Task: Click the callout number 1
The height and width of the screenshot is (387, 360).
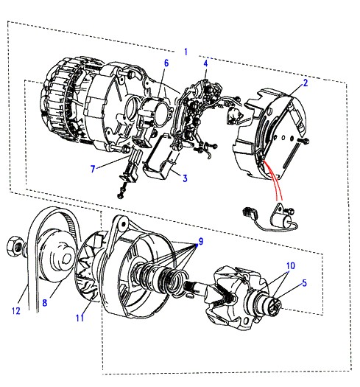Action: [x=186, y=52]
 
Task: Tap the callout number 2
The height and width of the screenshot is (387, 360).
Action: [x=306, y=83]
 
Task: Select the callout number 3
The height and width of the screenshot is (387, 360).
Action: [x=185, y=178]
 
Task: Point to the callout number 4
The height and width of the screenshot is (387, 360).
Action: [x=205, y=63]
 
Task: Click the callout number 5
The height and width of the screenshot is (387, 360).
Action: [x=304, y=283]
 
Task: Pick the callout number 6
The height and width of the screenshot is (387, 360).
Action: [x=166, y=63]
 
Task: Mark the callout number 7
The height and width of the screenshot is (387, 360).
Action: [x=93, y=169]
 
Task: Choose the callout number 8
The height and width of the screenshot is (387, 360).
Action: [x=45, y=302]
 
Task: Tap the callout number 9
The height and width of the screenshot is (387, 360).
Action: [x=201, y=241]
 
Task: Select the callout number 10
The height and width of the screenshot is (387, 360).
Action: [x=291, y=266]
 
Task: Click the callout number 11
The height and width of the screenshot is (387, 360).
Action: [x=80, y=318]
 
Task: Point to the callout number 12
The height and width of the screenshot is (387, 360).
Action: [x=16, y=310]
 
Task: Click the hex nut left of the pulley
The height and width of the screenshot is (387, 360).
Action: [x=15, y=246]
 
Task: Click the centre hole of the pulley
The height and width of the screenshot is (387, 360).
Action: [x=66, y=259]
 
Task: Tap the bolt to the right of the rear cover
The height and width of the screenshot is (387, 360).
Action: [x=304, y=142]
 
